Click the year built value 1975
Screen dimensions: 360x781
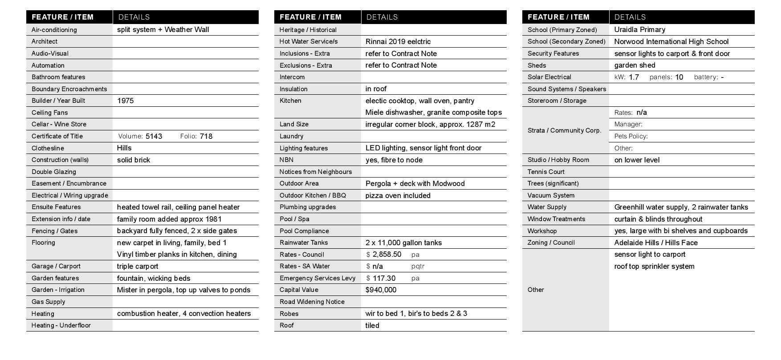[x=125, y=101]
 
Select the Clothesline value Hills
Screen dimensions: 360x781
[x=124, y=148]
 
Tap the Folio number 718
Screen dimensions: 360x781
[x=206, y=136]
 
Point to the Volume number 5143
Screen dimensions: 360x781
[x=154, y=136]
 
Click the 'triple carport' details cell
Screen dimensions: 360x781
[x=138, y=266]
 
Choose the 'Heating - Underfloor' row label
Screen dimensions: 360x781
[x=61, y=325]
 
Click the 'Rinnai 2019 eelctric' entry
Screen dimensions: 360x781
[x=398, y=41]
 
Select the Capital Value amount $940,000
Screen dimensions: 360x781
[x=381, y=290]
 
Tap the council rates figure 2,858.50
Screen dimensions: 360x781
[x=386, y=255]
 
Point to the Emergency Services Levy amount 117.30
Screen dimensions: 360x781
[x=384, y=278]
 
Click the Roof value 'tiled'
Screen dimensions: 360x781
[x=372, y=325]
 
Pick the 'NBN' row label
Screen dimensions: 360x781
[x=286, y=160]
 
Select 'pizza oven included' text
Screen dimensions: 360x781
[x=398, y=195]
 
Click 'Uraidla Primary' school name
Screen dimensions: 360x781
[x=639, y=29]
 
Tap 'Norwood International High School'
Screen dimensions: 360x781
[x=671, y=41]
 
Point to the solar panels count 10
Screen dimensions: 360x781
[x=679, y=77]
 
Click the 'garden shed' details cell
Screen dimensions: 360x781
[x=635, y=65]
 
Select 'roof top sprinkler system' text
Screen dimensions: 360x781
[x=654, y=266]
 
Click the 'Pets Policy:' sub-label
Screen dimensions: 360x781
[x=630, y=136]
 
